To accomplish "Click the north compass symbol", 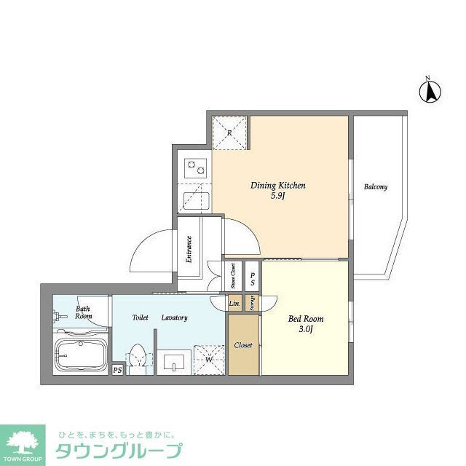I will click(430, 90).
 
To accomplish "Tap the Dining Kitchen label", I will click(277, 186).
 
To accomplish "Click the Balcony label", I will click(376, 187).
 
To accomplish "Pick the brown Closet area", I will click(243, 344).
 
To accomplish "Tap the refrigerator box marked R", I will click(229, 133).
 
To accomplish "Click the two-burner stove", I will click(194, 170).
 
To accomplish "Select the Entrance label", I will click(189, 248).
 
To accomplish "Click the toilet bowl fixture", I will click(138, 359).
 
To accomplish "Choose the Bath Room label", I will click(84, 312).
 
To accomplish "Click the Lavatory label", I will click(175, 318).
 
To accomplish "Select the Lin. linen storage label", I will click(234, 303).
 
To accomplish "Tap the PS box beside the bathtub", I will click(117, 370).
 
